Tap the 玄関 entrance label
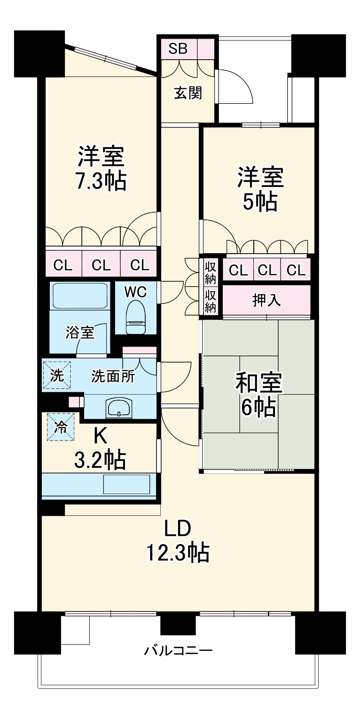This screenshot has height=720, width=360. [188, 93]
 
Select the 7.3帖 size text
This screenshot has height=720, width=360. [102, 181]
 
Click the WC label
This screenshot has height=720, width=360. [135, 292]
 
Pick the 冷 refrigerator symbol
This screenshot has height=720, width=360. [61, 426]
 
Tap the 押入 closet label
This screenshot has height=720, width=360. [266, 300]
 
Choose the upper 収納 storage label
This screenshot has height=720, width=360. [211, 273]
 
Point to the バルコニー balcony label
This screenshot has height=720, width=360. [178, 650]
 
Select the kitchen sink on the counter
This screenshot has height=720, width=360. [126, 484]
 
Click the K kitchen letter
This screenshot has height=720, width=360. [100, 436]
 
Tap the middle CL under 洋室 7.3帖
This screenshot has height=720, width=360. [101, 265]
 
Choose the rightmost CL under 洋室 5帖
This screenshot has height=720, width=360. [296, 270]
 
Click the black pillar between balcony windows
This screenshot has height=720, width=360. [178, 624]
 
